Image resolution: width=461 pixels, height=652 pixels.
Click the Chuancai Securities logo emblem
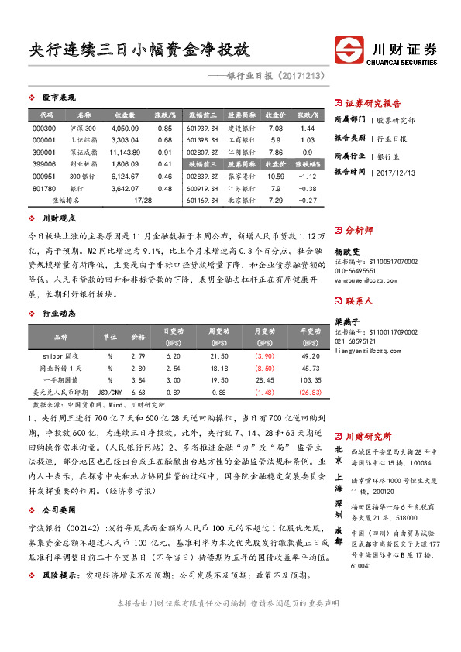352,51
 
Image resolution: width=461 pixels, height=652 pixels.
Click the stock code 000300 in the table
44,128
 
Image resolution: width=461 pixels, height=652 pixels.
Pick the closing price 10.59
275,177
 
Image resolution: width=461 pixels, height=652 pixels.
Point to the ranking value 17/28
143,201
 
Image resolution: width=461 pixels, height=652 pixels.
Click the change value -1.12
308,177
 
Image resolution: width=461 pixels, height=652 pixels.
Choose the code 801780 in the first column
44,188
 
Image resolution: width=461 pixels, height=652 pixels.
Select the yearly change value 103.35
310,380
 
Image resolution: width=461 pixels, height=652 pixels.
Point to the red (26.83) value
310,393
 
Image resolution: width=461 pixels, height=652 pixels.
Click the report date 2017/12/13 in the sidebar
399,173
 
